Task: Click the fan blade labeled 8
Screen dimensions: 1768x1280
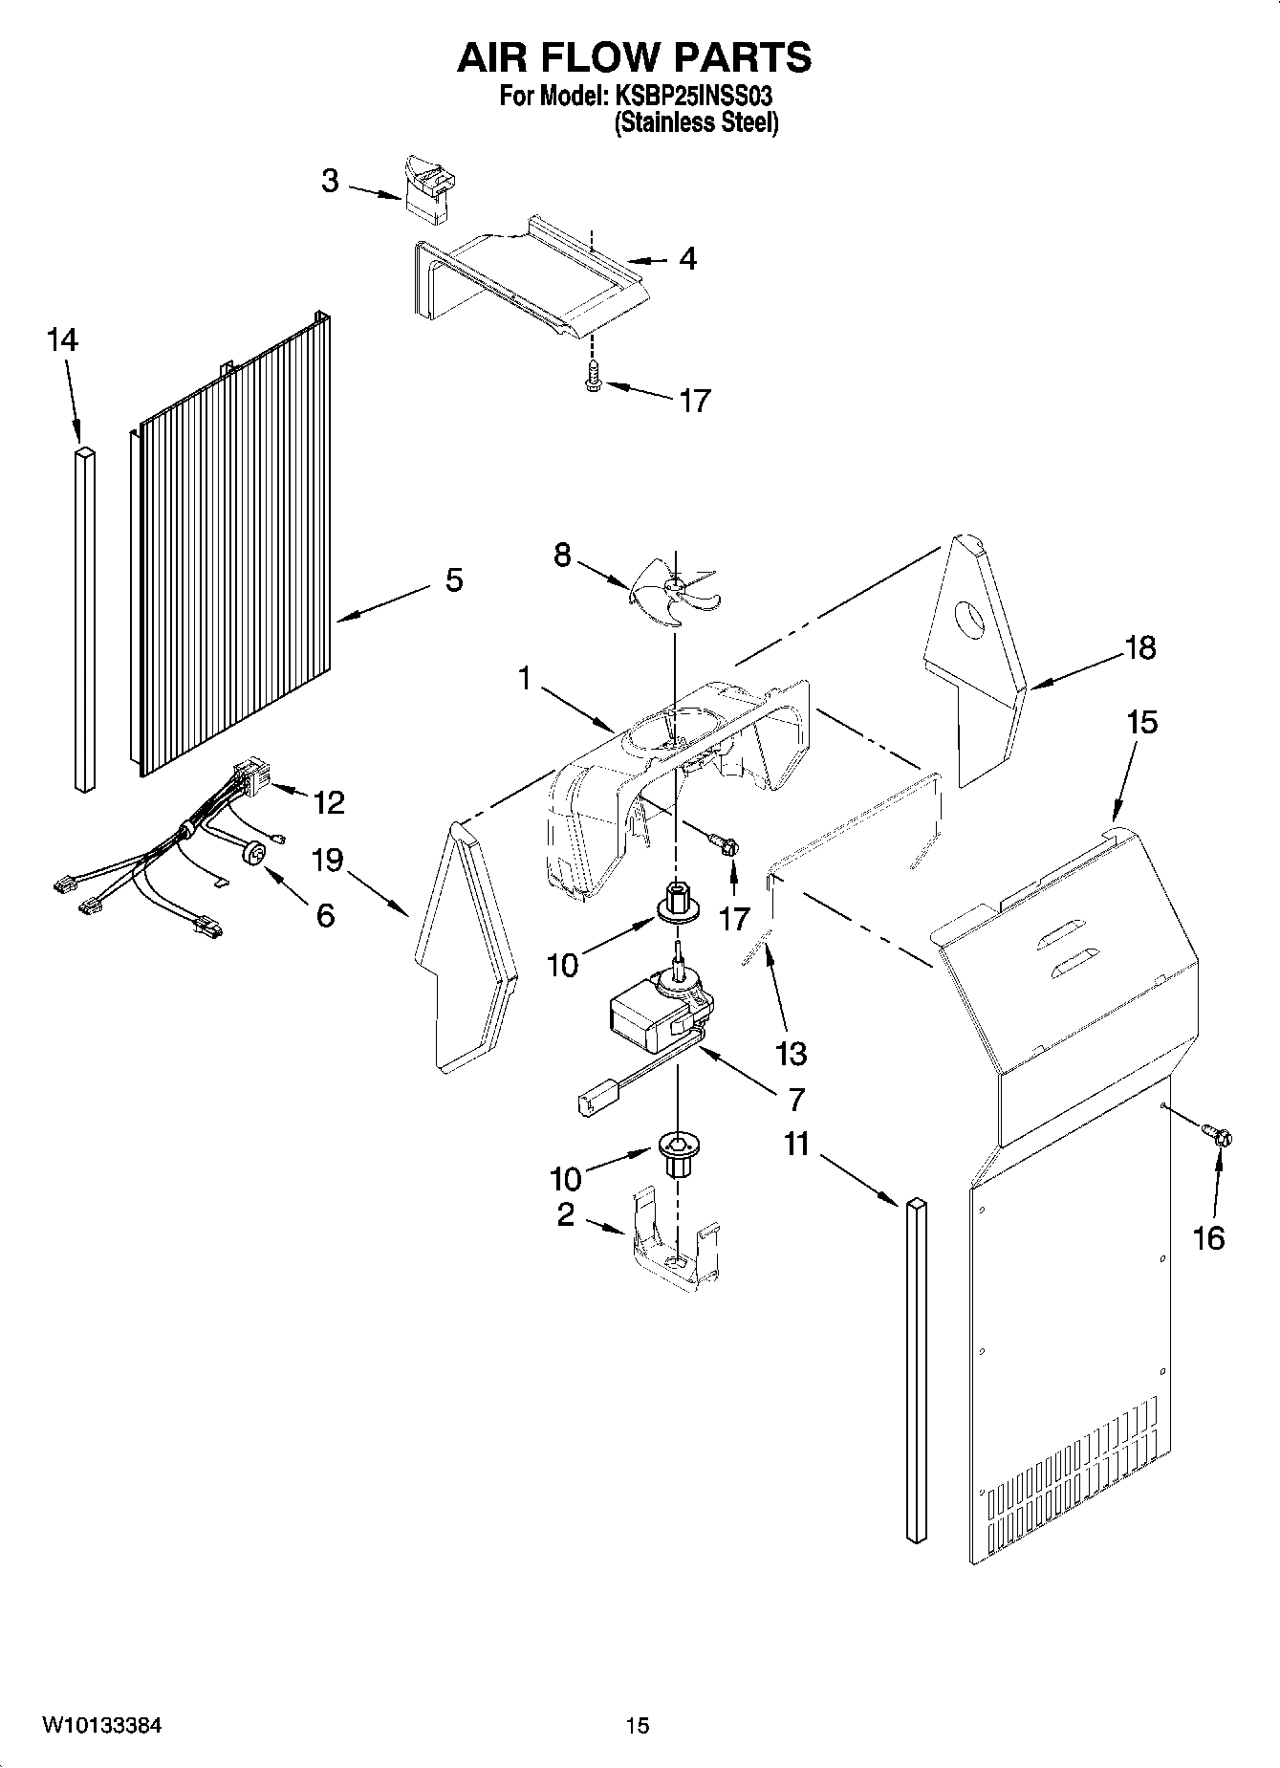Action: click(674, 599)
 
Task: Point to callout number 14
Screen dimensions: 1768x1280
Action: click(62, 339)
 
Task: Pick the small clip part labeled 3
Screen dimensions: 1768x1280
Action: click(429, 191)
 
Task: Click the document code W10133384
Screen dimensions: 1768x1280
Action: click(101, 1725)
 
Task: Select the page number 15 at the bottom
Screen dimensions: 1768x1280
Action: click(637, 1725)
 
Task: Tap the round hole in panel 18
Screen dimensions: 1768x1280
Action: click(969, 621)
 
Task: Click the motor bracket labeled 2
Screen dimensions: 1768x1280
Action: click(675, 1248)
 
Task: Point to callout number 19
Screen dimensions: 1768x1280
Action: click(327, 860)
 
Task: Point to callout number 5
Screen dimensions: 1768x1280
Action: click(454, 579)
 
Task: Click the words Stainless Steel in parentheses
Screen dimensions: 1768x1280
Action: click(695, 122)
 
